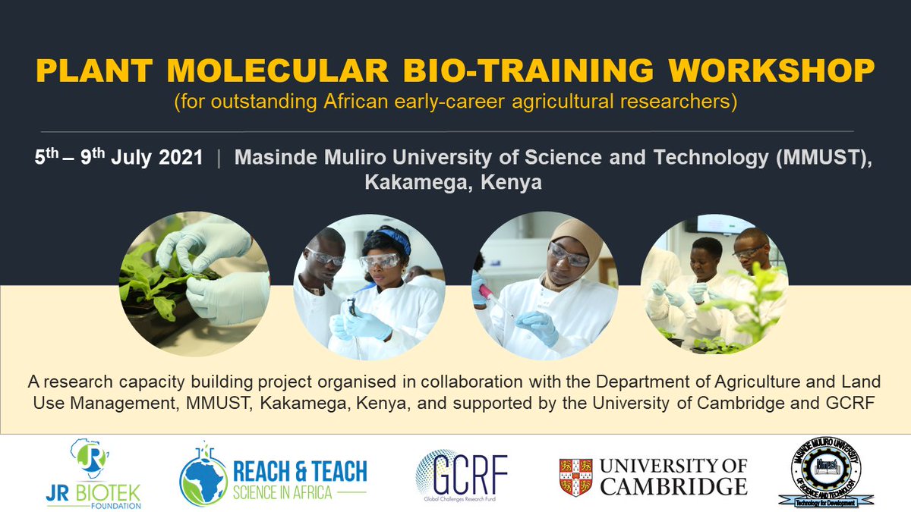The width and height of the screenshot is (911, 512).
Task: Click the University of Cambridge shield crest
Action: pyautogui.click(x=575, y=476)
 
